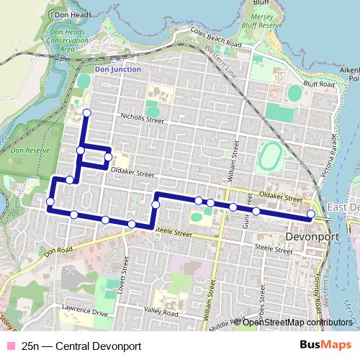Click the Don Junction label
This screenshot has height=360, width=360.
[x=119, y=70]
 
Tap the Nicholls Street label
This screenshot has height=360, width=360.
[x=138, y=121]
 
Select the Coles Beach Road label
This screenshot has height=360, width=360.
[x=216, y=38]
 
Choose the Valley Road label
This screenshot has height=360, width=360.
[x=161, y=312]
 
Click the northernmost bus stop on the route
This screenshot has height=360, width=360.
[x=87, y=112]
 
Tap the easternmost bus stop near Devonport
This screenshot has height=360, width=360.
[x=310, y=214]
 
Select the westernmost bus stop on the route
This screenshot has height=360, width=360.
[x=50, y=202]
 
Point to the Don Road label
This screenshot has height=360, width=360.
[x=59, y=250]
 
